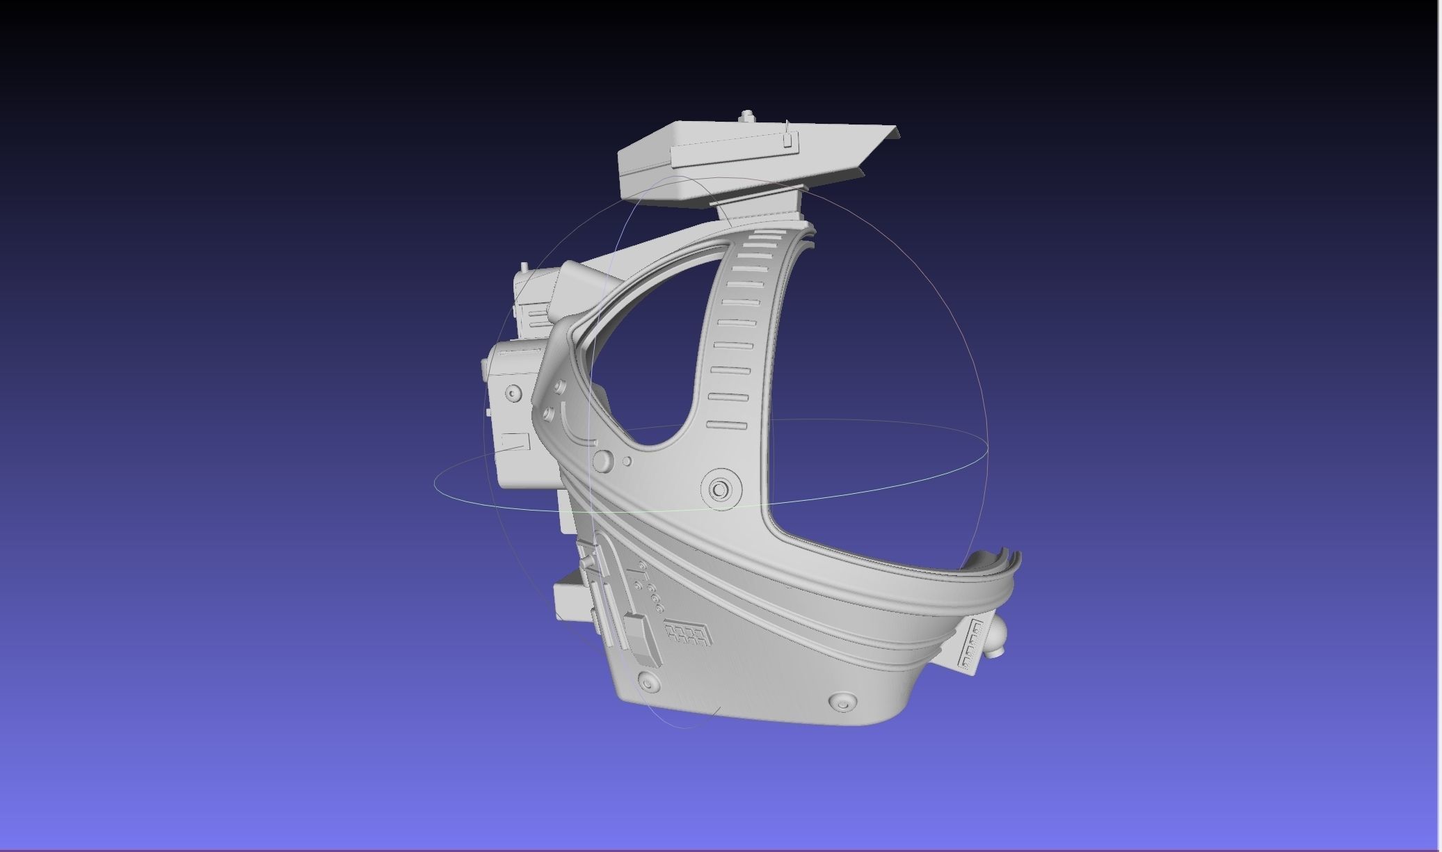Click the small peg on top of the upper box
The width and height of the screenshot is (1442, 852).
[x=746, y=115]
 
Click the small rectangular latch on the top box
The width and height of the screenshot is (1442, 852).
[x=787, y=140]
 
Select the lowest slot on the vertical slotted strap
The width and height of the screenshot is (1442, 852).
[x=726, y=425]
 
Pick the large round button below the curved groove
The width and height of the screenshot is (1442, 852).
[x=602, y=460]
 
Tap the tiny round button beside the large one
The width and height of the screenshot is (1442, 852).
[x=627, y=460]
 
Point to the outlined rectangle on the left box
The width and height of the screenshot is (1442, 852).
[x=515, y=441]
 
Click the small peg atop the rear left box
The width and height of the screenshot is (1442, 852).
[x=524, y=266]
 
